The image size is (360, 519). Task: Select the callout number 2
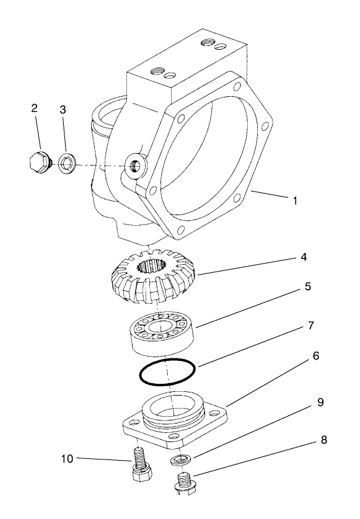tap(35, 108)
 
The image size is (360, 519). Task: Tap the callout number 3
tap(63, 110)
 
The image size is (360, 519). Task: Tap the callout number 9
tap(320, 402)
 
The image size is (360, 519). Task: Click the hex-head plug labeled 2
tap(38, 162)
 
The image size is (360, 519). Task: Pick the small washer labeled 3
tap(66, 164)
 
